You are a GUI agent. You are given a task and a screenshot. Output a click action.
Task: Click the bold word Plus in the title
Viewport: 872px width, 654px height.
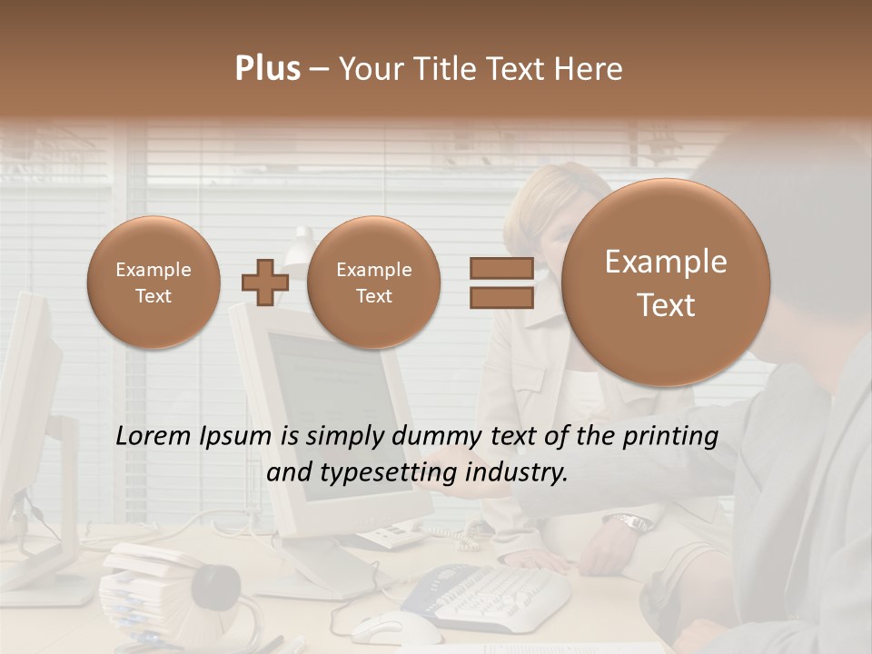pos(267,69)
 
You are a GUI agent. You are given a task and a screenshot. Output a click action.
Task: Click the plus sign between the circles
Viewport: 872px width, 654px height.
pos(265,282)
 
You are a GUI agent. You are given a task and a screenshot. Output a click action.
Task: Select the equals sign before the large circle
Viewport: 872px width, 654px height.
pos(500,282)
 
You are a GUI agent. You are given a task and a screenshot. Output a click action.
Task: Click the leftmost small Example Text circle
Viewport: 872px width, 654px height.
pos(154,282)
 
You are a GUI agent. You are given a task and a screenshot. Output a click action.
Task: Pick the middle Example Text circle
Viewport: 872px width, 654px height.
pos(374,282)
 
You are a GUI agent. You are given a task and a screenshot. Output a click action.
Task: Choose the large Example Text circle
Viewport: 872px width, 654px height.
pos(666,282)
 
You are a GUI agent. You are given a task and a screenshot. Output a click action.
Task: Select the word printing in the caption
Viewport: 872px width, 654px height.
pos(670,437)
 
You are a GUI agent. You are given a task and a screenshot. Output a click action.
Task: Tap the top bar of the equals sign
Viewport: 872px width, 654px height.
pos(500,268)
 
